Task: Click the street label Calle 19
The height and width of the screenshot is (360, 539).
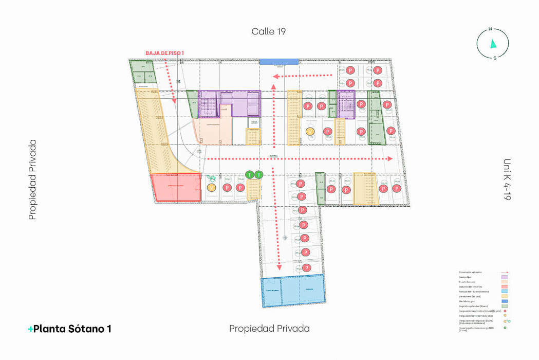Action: pyautogui.click(x=268, y=31)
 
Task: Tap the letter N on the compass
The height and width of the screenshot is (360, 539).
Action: pyautogui.click(x=491, y=29)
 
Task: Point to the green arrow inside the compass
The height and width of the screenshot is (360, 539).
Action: pyautogui.click(x=493, y=44)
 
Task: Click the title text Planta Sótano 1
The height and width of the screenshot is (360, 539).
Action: pyautogui.click(x=72, y=329)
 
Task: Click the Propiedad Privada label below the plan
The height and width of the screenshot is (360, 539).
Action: pyautogui.click(x=269, y=329)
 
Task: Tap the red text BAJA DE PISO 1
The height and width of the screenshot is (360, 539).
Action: pyautogui.click(x=164, y=53)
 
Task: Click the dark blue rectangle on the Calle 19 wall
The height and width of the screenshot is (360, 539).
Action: pyautogui.click(x=278, y=62)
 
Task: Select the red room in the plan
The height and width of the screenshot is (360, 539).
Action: pyautogui.click(x=175, y=187)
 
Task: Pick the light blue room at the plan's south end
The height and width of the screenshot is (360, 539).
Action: pyautogui.click(x=293, y=291)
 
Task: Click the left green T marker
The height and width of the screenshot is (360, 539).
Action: pyautogui.click(x=250, y=175)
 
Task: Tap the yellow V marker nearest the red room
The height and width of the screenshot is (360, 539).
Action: pyautogui.click(x=211, y=188)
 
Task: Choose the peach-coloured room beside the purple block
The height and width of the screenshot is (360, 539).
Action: pyautogui.click(x=212, y=132)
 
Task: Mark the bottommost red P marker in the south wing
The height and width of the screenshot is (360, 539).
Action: pyautogui.click(x=307, y=268)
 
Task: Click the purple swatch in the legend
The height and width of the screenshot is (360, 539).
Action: pyautogui.click(x=505, y=277)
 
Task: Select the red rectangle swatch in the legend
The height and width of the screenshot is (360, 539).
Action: pyautogui.click(x=505, y=286)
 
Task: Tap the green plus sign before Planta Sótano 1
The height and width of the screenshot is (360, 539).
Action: pyautogui.click(x=30, y=329)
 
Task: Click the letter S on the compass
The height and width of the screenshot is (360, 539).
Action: pyautogui.click(x=495, y=58)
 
